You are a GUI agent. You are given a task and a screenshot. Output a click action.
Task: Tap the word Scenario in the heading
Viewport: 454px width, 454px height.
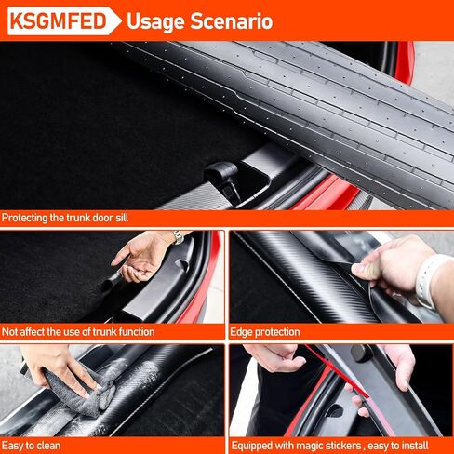(232, 21)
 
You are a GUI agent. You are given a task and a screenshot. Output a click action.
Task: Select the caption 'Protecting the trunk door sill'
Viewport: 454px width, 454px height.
(65, 218)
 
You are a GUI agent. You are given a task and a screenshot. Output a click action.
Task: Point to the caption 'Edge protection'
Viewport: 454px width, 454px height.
(265, 332)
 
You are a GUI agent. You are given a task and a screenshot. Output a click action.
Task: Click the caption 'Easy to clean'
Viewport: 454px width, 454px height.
(31, 446)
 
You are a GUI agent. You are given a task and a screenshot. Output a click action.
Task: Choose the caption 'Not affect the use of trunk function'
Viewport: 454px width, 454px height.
(78, 332)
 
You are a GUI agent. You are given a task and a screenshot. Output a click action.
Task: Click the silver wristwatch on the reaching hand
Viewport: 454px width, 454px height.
(178, 237)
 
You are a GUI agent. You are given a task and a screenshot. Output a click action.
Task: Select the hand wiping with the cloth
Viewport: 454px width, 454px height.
(59, 369)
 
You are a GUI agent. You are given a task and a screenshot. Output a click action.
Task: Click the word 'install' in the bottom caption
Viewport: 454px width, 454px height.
(413, 446)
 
